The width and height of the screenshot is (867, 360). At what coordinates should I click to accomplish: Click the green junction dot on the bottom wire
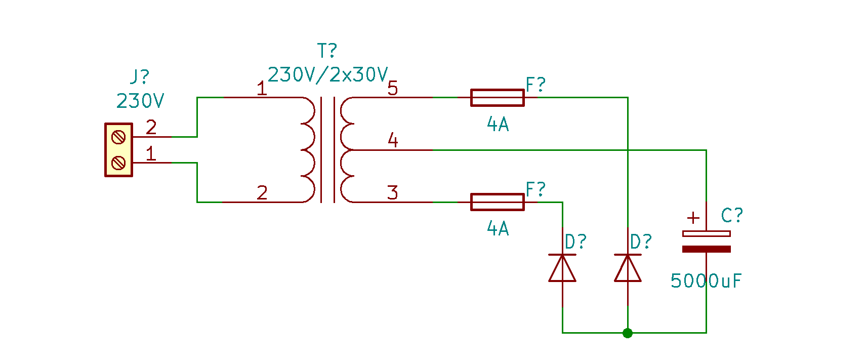628,333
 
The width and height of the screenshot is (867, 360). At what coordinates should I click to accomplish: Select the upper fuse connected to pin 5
498,98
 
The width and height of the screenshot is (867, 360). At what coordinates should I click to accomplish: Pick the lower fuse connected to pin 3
498,202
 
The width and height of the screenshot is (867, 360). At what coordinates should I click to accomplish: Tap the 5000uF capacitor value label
706,281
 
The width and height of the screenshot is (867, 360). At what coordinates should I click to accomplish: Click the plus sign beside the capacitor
693,218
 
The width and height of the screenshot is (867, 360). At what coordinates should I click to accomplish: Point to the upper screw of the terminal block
118,137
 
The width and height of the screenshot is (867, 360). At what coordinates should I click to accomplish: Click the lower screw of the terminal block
118,163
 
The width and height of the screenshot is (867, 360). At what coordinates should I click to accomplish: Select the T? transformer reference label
327,50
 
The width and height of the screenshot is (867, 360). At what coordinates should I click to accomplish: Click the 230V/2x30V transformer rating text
328,75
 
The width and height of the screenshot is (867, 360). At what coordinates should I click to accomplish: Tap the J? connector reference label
140,76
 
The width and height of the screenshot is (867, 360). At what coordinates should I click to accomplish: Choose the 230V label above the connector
140,101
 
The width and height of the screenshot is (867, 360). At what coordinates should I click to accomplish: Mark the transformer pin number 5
392,88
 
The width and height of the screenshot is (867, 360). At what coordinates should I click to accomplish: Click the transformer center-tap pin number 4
393,140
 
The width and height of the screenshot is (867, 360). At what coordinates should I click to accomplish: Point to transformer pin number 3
392,192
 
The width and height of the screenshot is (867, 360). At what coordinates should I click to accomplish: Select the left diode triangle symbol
562,268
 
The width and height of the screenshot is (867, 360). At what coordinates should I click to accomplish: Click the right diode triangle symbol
628,268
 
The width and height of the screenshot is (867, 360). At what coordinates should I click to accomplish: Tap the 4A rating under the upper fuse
498,124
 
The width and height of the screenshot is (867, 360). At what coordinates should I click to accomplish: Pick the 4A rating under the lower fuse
498,228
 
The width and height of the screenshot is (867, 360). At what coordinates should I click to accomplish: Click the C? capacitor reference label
732,215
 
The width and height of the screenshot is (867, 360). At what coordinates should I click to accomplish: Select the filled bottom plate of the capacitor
707,249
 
